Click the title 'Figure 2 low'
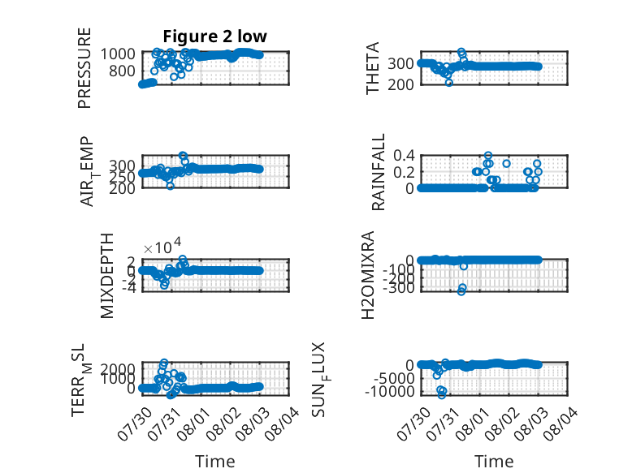(x=214, y=37)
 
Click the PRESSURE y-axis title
(x=84, y=68)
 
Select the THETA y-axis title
(x=373, y=68)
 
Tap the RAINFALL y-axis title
(x=378, y=172)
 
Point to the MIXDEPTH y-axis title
(x=107, y=276)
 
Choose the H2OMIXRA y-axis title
(x=368, y=275)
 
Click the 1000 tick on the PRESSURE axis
(x=118, y=54)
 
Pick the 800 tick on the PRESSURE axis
(x=122, y=71)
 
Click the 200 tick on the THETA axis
(x=400, y=84)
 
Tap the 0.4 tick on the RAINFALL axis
(x=404, y=155)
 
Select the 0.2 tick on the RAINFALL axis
(x=404, y=172)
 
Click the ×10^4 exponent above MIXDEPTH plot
(x=162, y=247)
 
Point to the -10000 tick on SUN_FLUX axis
(x=389, y=391)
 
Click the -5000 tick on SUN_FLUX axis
(x=394, y=378)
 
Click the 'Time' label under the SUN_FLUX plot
(x=494, y=462)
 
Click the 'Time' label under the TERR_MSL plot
(x=214, y=462)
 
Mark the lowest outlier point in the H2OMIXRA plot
(x=461, y=291)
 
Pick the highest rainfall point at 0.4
(x=488, y=156)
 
